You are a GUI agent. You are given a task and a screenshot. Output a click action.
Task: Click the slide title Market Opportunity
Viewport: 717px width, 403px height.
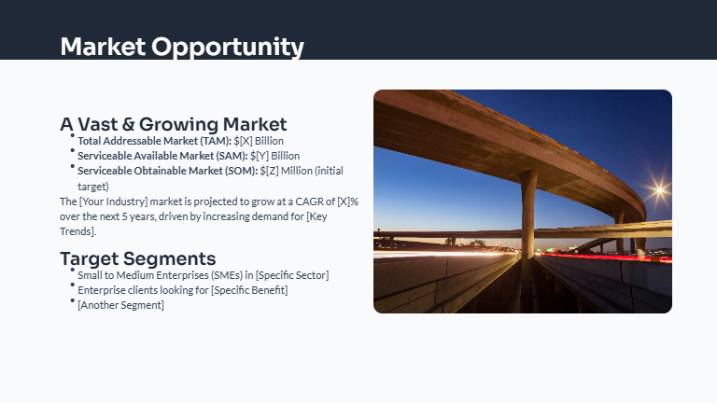tap(182, 47)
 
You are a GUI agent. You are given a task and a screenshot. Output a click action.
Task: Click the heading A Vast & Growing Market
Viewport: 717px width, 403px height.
tap(173, 124)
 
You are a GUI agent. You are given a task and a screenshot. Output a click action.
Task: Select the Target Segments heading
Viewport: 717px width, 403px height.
tap(138, 258)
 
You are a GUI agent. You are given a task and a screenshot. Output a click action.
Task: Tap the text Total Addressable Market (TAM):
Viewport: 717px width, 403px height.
tap(154, 141)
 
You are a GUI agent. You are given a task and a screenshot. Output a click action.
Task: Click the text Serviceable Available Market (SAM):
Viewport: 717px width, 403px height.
tap(162, 156)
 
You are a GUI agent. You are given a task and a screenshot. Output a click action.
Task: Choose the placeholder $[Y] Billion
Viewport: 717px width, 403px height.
tap(275, 156)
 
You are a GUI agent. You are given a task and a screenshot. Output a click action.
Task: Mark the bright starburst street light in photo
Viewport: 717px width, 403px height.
tap(659, 190)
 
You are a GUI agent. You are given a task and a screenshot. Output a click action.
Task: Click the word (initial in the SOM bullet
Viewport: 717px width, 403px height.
tap(330, 171)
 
